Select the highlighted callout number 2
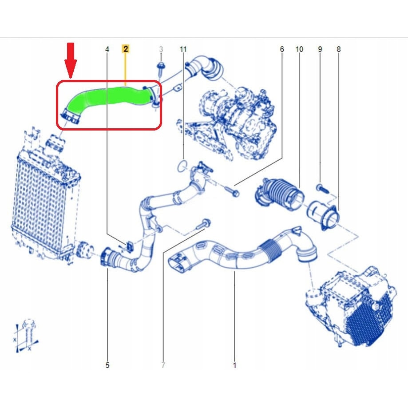pyautogui.click(x=126, y=49)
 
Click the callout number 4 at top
pyautogui.click(x=107, y=49)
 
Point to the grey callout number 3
pyautogui.click(x=161, y=49)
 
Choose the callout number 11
pyautogui.click(x=183, y=49)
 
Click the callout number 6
pyautogui.click(x=281, y=49)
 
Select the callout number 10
pyautogui.click(x=299, y=49)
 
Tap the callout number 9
pyautogui.click(x=320, y=49)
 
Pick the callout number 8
pyautogui.click(x=339, y=49)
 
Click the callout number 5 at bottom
pyautogui.click(x=107, y=365)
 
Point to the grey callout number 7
pyautogui.click(x=163, y=365)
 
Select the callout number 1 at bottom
pyautogui.click(x=234, y=365)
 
